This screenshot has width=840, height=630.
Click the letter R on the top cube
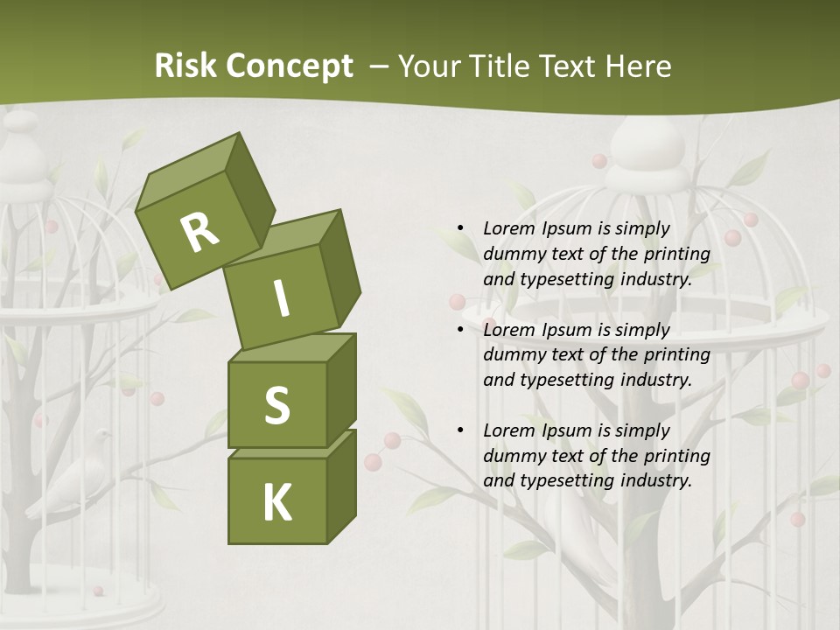pyautogui.click(x=199, y=231)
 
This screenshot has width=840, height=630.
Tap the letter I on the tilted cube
pyautogui.click(x=281, y=298)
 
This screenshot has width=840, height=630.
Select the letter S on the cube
pyautogui.click(x=276, y=405)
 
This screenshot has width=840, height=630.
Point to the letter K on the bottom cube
pyautogui.click(x=276, y=503)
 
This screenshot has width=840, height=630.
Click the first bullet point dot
pyautogui.click(x=460, y=229)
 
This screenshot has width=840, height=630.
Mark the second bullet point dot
pyautogui.click(x=460, y=330)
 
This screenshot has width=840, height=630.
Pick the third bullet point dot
pyautogui.click(x=460, y=430)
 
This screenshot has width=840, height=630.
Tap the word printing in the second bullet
pyautogui.click(x=676, y=355)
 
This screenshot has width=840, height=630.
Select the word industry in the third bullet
pyautogui.click(x=657, y=480)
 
